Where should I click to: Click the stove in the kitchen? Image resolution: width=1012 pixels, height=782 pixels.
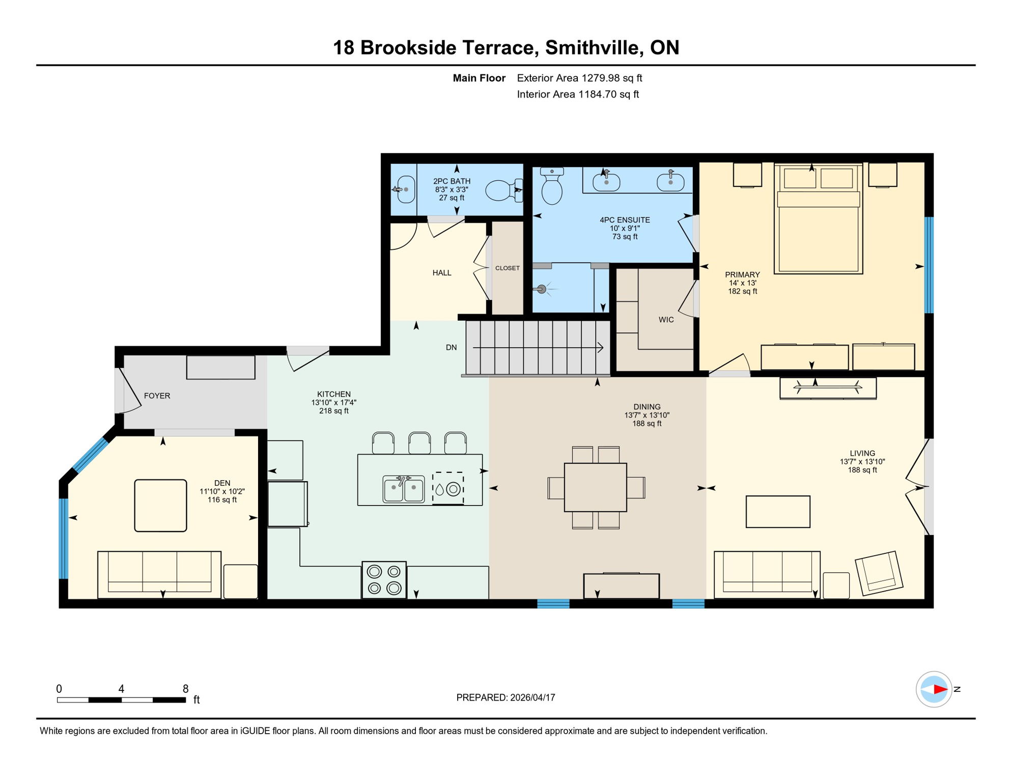384,580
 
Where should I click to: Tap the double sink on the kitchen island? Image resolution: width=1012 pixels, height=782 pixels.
403,489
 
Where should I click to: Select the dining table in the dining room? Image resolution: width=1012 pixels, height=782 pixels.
595,487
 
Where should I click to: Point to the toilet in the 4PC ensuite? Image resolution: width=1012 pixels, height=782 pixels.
551,187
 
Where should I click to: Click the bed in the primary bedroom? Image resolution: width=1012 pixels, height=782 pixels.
818,219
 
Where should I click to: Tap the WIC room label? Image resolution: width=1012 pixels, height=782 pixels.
666,320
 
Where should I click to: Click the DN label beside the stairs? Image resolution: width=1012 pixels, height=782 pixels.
451,348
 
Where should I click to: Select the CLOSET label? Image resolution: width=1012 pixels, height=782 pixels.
507,268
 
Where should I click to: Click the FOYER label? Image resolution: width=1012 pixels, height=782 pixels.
157,396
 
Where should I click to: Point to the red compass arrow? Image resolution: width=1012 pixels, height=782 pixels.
940,689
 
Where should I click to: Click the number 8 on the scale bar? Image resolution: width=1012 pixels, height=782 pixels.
185,689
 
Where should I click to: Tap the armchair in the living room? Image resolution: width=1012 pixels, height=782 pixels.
879,573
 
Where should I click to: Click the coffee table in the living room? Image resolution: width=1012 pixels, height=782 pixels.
777,512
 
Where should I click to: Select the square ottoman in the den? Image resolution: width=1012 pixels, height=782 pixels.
160,506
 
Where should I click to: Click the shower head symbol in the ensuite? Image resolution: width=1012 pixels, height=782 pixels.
542,289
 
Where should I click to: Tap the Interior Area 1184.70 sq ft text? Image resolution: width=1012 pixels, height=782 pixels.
577,94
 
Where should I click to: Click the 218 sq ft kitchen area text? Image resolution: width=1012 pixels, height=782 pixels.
333,411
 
